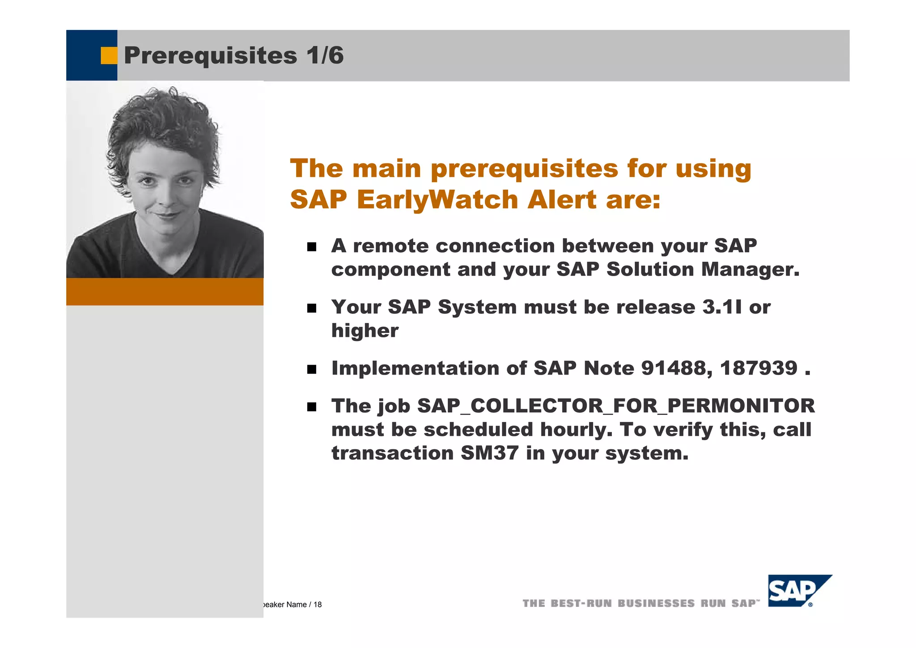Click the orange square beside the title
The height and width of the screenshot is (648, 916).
tap(108, 55)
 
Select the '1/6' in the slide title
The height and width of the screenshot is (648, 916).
tap(325, 55)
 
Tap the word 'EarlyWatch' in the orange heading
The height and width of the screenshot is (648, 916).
tap(438, 200)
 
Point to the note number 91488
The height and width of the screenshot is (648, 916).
tap(673, 368)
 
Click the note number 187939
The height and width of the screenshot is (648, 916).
tap(759, 368)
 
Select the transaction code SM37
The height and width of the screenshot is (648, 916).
tap(489, 453)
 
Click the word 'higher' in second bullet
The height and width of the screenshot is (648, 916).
tap(365, 331)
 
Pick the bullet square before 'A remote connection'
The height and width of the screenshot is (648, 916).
tap(312, 247)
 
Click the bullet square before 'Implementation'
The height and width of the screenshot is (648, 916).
tap(312, 370)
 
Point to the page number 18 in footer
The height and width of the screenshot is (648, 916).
tap(318, 605)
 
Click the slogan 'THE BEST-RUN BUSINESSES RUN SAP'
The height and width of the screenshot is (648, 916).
tap(640, 603)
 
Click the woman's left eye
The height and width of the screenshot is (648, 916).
tap(184, 181)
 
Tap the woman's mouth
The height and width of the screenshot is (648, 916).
tap(166, 215)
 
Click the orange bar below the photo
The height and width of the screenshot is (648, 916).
tap(165, 292)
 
